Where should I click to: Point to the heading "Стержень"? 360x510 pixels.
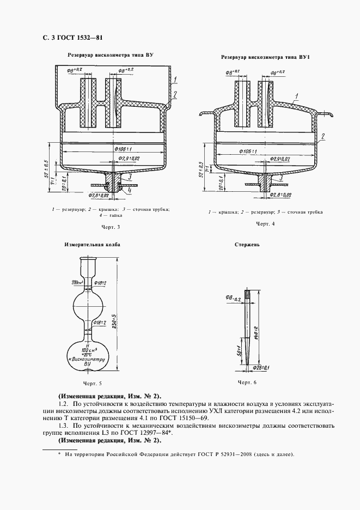(248, 245)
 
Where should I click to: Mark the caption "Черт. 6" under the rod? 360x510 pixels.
(247, 384)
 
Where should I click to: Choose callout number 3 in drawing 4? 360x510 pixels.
(279, 178)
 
